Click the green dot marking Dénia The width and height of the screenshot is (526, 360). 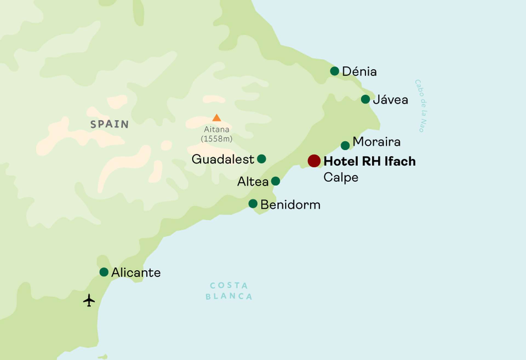pos(334,71)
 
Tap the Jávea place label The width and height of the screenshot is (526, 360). pos(390,100)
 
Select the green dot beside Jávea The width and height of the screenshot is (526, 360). pos(365,99)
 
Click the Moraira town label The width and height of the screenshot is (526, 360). pos(376,142)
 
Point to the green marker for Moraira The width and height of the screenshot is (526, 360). pos(345,145)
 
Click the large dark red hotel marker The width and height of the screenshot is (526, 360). pos(314,161)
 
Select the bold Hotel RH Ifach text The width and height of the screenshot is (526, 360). pos(369,161)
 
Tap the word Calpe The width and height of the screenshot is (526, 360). pos(341,178)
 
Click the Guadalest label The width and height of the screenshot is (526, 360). pos(223,159)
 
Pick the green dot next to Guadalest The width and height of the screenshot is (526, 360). pos(261,159)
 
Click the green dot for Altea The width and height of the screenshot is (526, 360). pos(275,181)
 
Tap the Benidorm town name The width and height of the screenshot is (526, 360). pos(290,205)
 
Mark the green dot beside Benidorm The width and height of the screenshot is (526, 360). pos(253,204)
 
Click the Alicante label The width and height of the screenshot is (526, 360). pos(136,273)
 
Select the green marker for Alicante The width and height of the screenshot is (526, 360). pos(104,272)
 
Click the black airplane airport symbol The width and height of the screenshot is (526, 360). pos(89,300)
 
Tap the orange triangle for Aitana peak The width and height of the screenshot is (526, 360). pos(216,118)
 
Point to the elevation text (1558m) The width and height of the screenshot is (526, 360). pos(216,139)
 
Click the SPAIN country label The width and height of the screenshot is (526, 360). pos(109,124)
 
